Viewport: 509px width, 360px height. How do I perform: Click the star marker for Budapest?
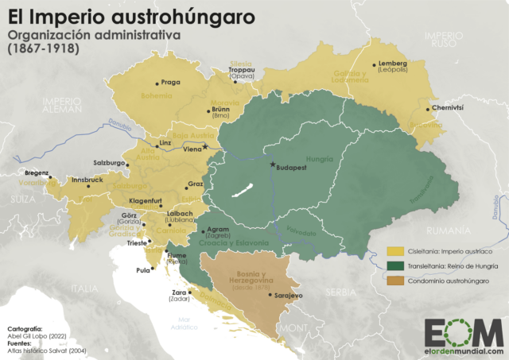click(x=273, y=165)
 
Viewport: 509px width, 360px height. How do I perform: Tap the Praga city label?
click(x=171, y=82)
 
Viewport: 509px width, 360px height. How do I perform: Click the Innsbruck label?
click(x=87, y=180)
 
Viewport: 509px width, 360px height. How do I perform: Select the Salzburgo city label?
click(x=111, y=162)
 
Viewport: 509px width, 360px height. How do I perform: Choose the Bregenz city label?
click(x=37, y=172)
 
